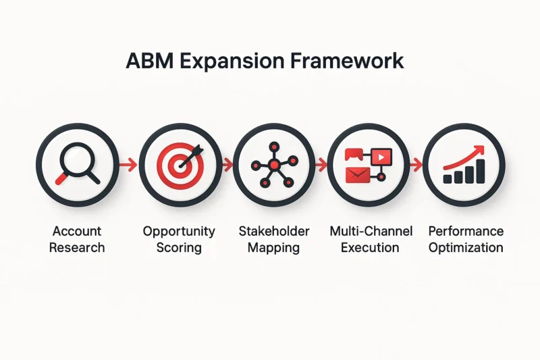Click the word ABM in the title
[149, 61]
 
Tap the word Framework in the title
[346, 61]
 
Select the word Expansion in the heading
[232, 62]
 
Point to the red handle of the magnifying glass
[61, 179]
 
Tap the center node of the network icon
[274, 165]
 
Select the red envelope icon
[358, 175]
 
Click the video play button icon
[381, 157]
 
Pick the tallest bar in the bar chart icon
[481, 171]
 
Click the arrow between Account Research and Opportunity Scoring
[128, 165]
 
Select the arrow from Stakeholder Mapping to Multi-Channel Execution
[321, 165]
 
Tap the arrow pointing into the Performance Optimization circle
[416, 165]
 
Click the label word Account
[77, 231]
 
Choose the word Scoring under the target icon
[179, 248]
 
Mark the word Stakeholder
[274, 231]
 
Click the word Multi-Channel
[371, 231]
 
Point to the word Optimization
[466, 248]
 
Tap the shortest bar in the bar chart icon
[448, 179]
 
